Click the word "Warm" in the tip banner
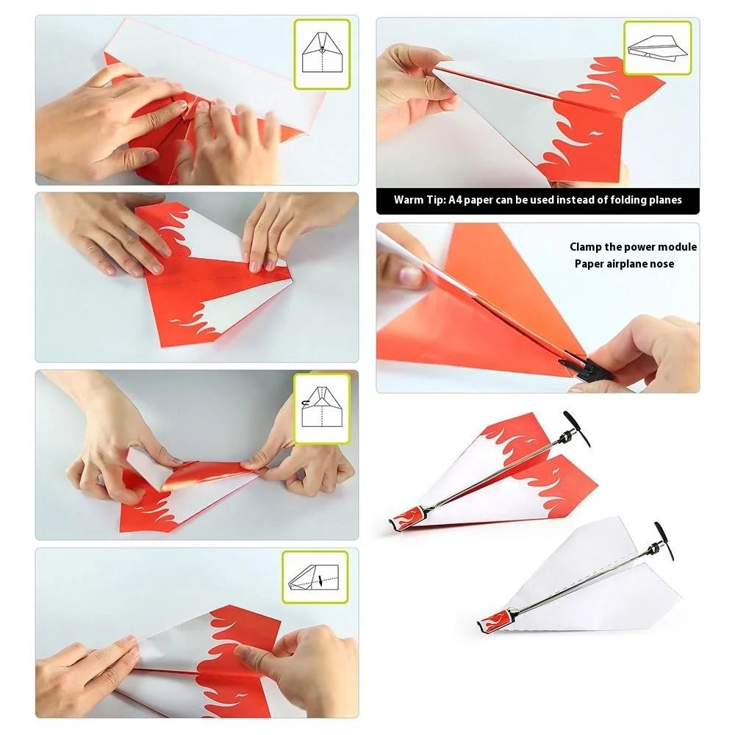coord(409,200)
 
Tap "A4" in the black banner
coord(455,200)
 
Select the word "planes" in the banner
coord(665,201)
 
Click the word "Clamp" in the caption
coord(586,247)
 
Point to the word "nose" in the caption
coord(662,264)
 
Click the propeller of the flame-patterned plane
coord(576,429)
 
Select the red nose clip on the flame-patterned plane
coord(408,519)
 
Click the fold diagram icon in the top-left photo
coord(322,54)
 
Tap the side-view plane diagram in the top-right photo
coord(657,48)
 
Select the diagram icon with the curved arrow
coord(322,408)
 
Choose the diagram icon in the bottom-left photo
coord(315,577)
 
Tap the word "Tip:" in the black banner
coord(436,200)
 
